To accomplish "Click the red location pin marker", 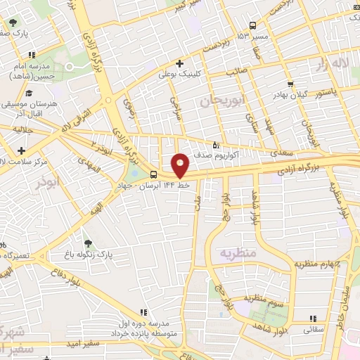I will point(181,165).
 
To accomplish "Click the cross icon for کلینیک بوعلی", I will point(181,63).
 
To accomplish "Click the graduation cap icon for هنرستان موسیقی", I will point(29,92).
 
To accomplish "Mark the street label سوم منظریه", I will point(265,298).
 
